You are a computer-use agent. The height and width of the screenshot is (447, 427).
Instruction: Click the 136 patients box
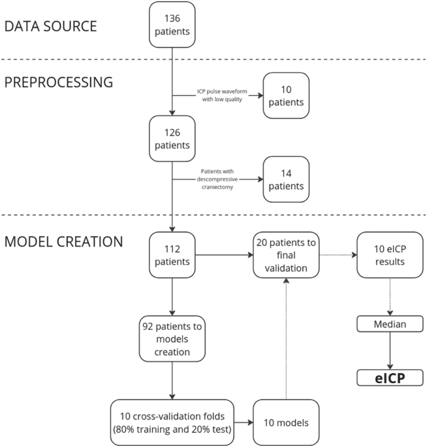click(172, 25)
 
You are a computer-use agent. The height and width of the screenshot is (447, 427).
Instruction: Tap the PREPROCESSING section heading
click(59, 83)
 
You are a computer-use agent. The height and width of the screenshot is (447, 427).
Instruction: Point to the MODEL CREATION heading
click(63, 241)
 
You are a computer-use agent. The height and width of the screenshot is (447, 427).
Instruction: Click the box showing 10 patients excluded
click(286, 95)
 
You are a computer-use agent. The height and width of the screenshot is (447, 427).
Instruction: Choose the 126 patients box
click(172, 138)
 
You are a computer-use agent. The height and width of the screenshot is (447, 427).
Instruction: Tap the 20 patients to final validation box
click(286, 254)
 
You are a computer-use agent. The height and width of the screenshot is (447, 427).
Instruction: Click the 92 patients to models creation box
click(172, 339)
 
